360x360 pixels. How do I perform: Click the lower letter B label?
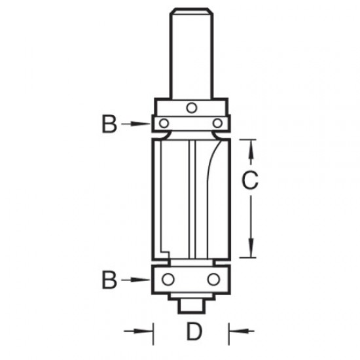pyautogui.click(x=109, y=280)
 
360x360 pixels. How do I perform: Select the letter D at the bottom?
pyautogui.click(x=192, y=333)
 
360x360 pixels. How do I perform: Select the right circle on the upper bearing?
pyautogui.click(x=217, y=123)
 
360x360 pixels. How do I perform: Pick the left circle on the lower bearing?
pyautogui.click(x=169, y=279)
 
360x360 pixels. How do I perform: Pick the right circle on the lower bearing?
pyautogui.click(x=212, y=279)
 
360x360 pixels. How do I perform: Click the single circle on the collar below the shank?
pyautogui.click(x=190, y=107)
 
